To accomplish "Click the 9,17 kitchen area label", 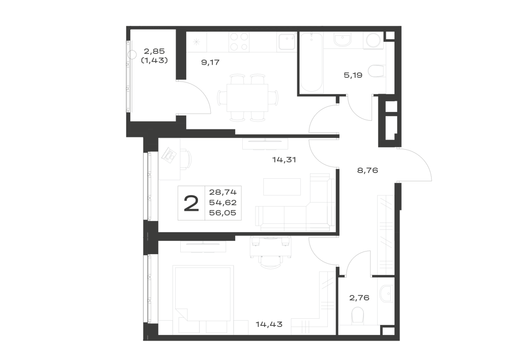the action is coord(210,62).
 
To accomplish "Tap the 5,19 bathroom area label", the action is coord(353,75).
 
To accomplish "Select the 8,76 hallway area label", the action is coord(367,170).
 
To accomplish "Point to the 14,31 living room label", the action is coord(284,160).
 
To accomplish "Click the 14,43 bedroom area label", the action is coord(269,324).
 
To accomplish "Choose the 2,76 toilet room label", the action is coord(359,298).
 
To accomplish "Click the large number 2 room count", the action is coord(191,204).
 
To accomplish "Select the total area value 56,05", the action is coord(223,213).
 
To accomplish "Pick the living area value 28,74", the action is coord(223,191).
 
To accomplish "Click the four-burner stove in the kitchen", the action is coord(240,42).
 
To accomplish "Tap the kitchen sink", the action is coord(286,42).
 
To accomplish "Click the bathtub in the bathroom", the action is coord(312,62).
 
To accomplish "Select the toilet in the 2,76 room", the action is coord(358,316).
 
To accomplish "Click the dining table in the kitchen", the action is coord(247,98).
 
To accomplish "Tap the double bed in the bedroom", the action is coord(204,299).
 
